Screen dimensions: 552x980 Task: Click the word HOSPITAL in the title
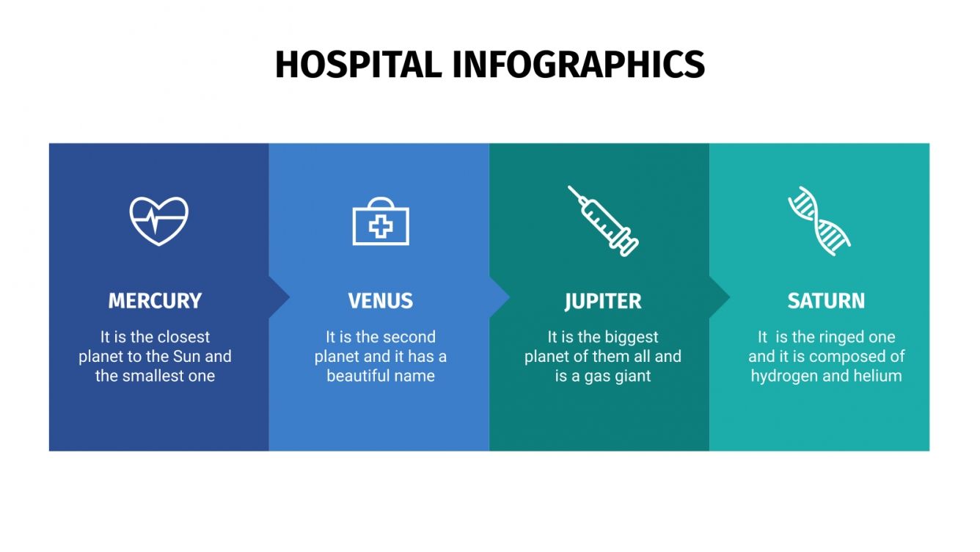coord(358,65)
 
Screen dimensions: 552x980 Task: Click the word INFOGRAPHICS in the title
coord(578,65)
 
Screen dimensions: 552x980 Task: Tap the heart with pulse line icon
coord(158,220)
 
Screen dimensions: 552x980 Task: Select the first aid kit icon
coord(381,222)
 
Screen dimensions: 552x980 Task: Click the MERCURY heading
coord(155,301)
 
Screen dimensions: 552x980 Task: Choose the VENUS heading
coord(380,301)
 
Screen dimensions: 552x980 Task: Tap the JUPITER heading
coord(603,301)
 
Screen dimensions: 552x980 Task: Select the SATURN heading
coord(826,301)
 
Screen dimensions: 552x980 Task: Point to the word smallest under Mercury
coord(155,376)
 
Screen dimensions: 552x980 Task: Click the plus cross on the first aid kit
coord(381,226)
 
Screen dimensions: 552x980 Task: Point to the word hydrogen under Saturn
coord(786,376)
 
